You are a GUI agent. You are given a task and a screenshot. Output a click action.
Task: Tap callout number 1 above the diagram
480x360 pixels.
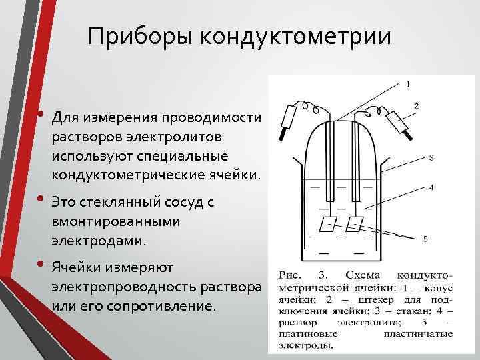tap(407, 84)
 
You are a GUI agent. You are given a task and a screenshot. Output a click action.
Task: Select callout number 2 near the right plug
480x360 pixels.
tap(416, 105)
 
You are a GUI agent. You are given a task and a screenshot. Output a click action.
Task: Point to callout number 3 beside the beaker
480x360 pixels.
tap(431, 158)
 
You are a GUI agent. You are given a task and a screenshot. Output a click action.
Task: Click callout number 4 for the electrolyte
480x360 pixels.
tap(431, 187)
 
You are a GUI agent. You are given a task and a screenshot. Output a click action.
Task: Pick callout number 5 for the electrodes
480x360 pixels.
tap(426, 238)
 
